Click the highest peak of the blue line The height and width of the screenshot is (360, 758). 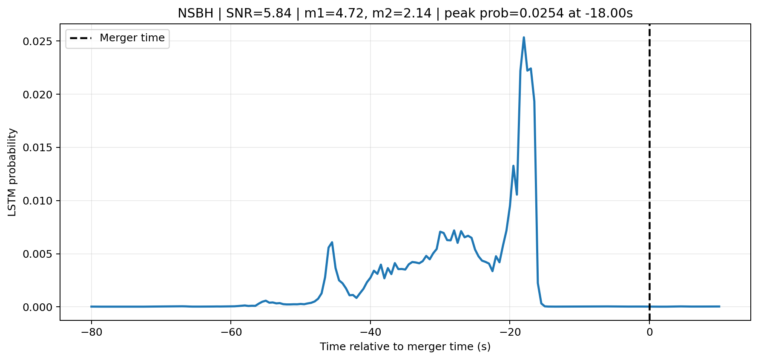point(524,37)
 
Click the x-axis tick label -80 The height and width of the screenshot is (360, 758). point(91,332)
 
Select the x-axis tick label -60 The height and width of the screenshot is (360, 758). point(230,332)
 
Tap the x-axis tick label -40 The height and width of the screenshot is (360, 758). point(370,332)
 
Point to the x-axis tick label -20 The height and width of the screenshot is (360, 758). point(509,332)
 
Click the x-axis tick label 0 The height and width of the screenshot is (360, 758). point(649,332)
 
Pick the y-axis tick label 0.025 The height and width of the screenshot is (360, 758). point(40,41)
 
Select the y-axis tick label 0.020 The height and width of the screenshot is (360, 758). point(40,95)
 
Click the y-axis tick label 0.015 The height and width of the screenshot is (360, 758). point(40,148)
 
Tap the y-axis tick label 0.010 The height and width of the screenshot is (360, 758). point(40,201)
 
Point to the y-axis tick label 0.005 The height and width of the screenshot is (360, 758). point(40,254)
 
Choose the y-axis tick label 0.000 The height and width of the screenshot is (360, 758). point(40,307)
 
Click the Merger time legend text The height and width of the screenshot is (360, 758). point(132,38)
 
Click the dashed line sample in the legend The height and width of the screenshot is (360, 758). point(81,38)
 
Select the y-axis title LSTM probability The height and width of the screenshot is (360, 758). point(12,172)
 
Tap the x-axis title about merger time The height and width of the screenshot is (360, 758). point(405,347)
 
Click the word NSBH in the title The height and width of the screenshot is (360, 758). point(195,14)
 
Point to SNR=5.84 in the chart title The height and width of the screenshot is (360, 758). point(259,14)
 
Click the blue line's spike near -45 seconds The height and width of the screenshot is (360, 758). point(332,242)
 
